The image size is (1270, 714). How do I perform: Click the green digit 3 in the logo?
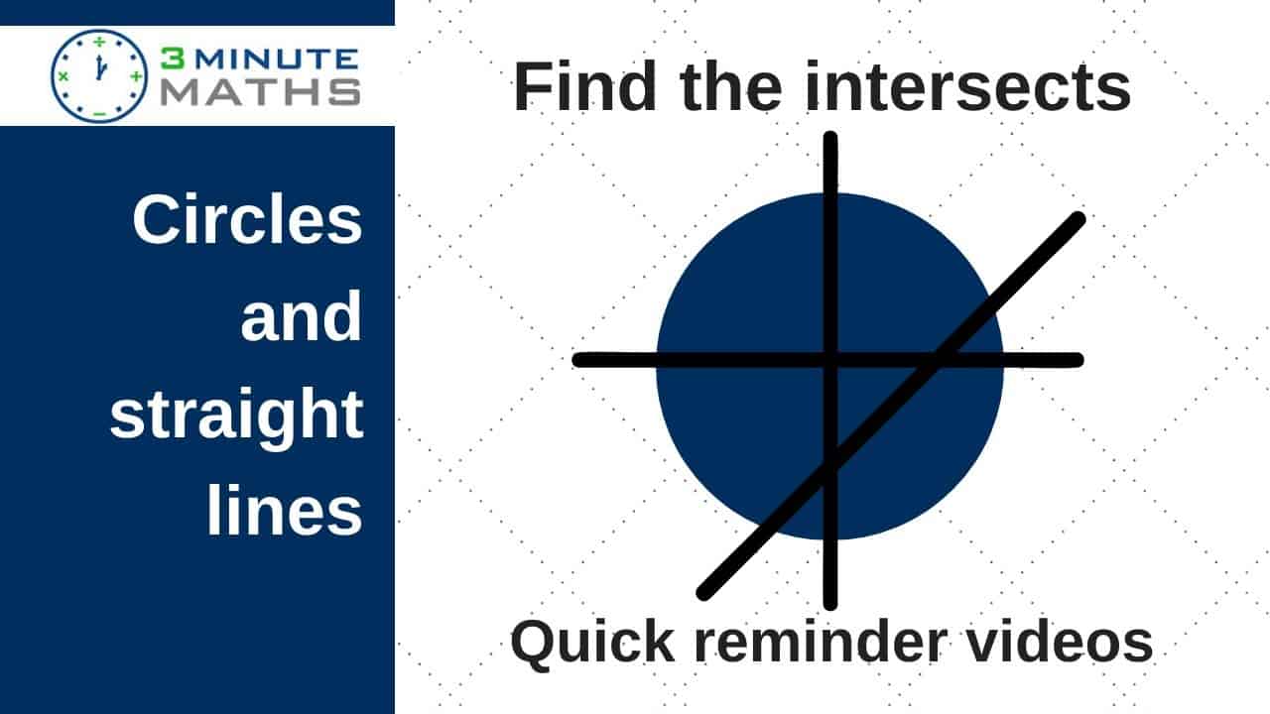[x=173, y=59]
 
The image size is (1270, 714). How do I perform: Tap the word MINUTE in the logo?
[x=278, y=59]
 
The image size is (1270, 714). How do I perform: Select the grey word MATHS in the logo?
[x=261, y=92]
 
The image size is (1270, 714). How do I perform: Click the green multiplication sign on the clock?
[x=63, y=76]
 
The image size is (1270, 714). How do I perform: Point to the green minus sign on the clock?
[x=99, y=113]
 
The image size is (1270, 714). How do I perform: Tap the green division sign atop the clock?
[x=99, y=42]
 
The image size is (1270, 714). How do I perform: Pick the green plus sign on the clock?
[x=136, y=76]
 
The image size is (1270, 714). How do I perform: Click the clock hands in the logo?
[x=100, y=67]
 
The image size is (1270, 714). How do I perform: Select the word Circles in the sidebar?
[x=247, y=219]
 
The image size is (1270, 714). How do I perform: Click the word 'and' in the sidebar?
[x=301, y=315]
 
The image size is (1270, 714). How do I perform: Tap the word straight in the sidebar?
[x=236, y=415]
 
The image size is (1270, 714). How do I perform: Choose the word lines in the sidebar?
[x=284, y=510]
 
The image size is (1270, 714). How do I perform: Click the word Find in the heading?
[x=584, y=86]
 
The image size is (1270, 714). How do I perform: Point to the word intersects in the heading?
[x=967, y=86]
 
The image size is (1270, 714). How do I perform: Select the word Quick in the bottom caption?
[x=593, y=642]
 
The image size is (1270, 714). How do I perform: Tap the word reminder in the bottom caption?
[x=821, y=642]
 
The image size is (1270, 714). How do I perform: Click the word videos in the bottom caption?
[x=1059, y=642]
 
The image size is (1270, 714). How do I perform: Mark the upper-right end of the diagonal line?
[x=1079, y=219]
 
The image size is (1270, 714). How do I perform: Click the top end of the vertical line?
[x=830, y=138]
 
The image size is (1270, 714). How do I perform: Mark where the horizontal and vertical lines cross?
[x=830, y=360]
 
